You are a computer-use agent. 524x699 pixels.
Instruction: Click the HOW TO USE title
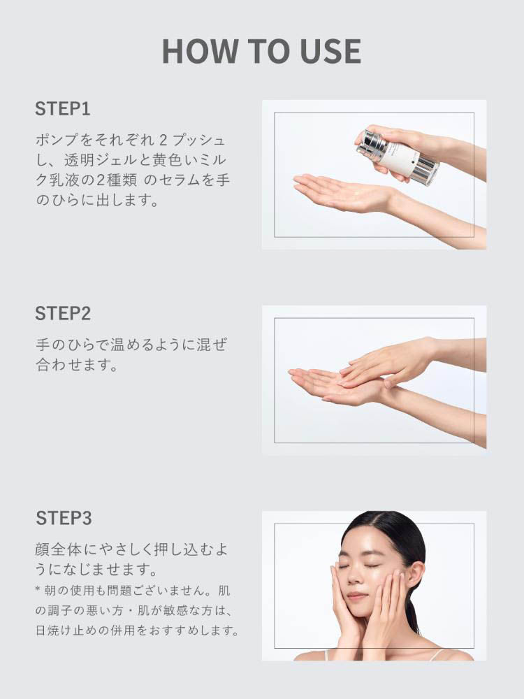click(x=261, y=51)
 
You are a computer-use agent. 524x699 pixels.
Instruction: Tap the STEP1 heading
click(x=63, y=109)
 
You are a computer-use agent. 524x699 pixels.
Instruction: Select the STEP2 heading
click(x=63, y=313)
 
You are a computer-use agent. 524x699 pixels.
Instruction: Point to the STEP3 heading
click(x=64, y=518)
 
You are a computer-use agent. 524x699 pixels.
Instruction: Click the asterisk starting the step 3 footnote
click(x=38, y=590)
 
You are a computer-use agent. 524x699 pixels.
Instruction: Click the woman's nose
click(x=354, y=577)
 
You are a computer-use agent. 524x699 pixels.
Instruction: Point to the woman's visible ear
click(x=414, y=573)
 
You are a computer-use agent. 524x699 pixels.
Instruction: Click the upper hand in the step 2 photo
click(x=388, y=361)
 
